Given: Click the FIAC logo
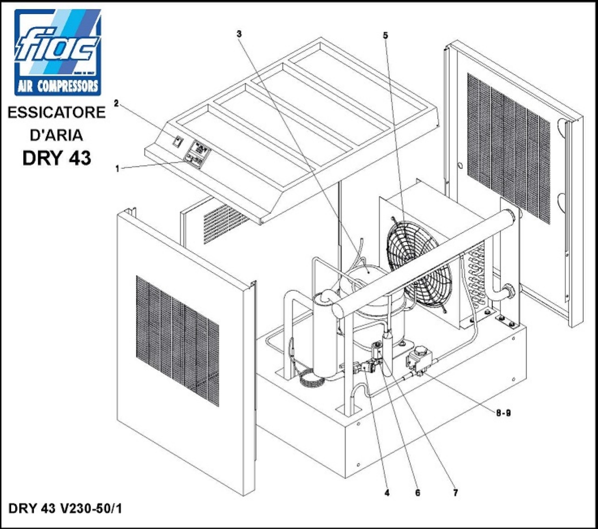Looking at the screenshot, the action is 58,52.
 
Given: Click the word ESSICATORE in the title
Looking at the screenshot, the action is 56,113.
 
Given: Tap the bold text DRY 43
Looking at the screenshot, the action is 57,158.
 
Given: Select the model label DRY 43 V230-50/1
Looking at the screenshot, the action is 65,509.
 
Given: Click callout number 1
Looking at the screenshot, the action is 117,169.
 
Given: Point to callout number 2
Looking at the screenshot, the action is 116,104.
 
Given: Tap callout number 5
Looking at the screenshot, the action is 385,35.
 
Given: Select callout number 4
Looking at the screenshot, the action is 387,493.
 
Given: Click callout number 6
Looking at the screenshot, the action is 417,493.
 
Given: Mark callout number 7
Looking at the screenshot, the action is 456,493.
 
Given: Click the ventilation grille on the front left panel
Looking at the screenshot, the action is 177,341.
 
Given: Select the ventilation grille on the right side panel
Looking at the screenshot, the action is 509,148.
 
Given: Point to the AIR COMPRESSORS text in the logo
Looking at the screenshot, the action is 58,87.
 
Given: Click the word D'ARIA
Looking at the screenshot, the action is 57,135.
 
